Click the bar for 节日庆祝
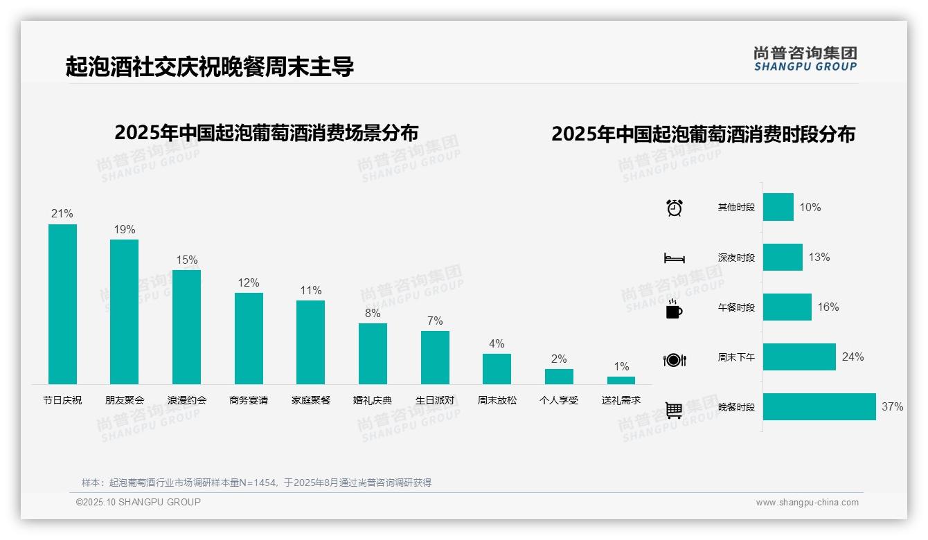[x=62, y=304]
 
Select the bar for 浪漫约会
[x=186, y=327]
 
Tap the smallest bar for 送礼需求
[x=621, y=380]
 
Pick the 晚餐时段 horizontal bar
[x=819, y=406]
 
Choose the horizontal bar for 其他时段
[x=778, y=207]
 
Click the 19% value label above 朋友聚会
[x=125, y=230]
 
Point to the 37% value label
[x=892, y=407]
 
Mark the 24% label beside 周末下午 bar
[x=853, y=357]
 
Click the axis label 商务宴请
[x=249, y=400]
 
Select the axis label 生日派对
[x=435, y=400]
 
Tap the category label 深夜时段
[x=736, y=258]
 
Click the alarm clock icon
[x=675, y=208]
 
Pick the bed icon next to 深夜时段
[x=675, y=258]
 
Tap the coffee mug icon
[x=674, y=309]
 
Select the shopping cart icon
[x=674, y=410]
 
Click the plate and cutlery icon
[x=675, y=360]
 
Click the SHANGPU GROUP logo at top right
[x=805, y=59]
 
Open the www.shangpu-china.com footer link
[x=807, y=503]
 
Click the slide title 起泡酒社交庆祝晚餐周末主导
[x=210, y=66]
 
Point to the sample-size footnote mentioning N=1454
[x=256, y=483]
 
